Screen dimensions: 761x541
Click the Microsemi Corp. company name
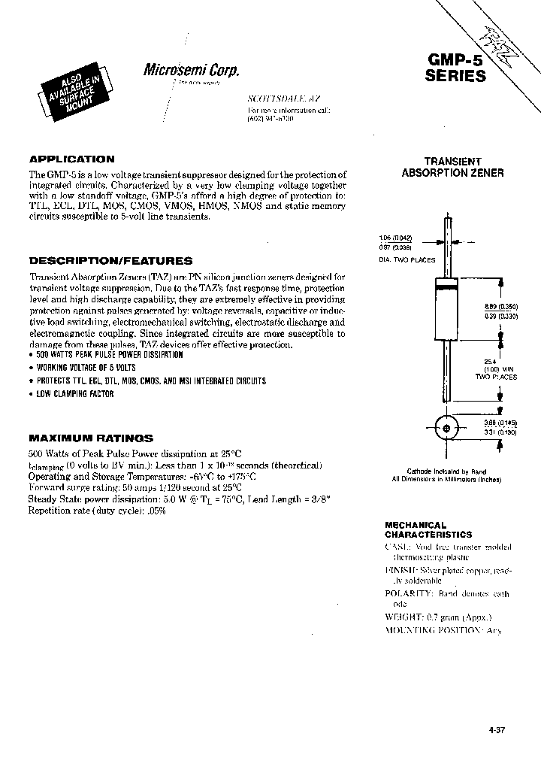[x=191, y=71]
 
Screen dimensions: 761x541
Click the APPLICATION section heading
[x=71, y=159]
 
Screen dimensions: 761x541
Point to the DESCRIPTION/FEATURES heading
[x=110, y=261]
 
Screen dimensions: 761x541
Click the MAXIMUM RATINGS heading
[x=91, y=437]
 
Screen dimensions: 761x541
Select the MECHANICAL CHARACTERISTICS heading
[x=428, y=529]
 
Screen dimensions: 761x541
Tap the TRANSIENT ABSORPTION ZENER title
[x=452, y=167]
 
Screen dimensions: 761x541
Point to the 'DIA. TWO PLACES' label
[x=407, y=259]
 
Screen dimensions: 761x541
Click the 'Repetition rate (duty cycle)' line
[x=97, y=510]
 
